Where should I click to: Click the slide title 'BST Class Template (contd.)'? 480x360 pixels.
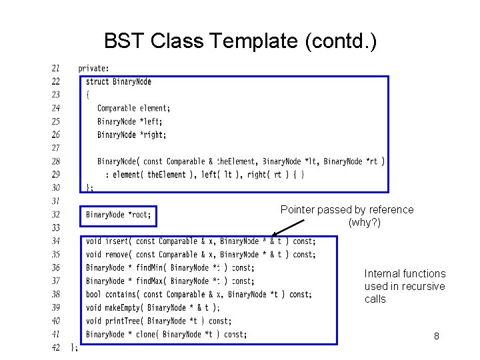tap(240, 41)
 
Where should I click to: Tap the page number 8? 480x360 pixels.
tap(436, 336)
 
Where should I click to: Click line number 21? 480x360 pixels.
tap(55, 68)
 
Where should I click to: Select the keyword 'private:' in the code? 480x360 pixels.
tap(94, 68)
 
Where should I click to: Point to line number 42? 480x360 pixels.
tap(55, 347)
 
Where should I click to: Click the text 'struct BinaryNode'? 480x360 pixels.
tap(119, 81)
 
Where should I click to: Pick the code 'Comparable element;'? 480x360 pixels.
tap(133, 108)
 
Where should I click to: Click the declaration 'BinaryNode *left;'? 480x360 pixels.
tap(129, 121)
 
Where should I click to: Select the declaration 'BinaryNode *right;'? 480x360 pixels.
tap(131, 135)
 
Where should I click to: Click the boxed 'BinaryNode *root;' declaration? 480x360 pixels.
tap(119, 215)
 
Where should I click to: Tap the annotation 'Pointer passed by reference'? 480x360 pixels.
tap(347, 209)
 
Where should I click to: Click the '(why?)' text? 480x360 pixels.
tap(364, 222)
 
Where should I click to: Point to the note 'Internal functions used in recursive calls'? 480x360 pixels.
tap(405, 286)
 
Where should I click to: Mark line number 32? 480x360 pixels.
tap(55, 215)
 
